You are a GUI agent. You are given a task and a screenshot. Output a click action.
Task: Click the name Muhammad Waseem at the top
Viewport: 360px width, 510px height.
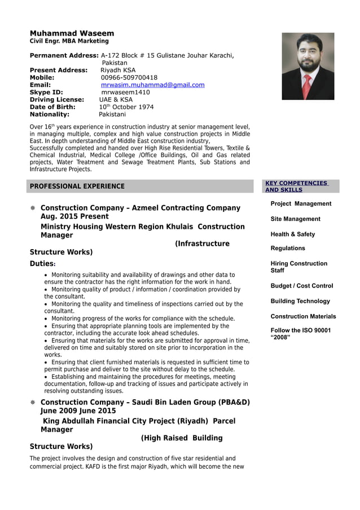[x=72, y=33]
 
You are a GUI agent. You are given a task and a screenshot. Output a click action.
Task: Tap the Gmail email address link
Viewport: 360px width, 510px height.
[x=152, y=85]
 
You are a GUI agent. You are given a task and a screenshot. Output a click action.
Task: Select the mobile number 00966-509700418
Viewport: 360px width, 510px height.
[x=129, y=77]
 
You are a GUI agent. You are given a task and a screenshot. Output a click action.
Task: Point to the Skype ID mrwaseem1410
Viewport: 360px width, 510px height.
[x=125, y=92]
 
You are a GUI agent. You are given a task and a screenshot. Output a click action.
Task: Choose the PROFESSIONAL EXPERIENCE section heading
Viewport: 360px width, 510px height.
[x=77, y=186]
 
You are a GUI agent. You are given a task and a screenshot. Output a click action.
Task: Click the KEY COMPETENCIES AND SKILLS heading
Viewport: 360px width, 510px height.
[x=296, y=186]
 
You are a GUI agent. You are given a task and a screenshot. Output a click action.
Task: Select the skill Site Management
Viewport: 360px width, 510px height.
[x=295, y=219]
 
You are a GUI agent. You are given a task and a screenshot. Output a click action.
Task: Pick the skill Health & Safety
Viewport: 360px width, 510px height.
[x=292, y=234]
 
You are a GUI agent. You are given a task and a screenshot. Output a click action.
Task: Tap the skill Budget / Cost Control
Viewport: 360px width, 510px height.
[x=301, y=286]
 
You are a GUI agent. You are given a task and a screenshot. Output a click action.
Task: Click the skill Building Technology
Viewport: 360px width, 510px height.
[x=300, y=301]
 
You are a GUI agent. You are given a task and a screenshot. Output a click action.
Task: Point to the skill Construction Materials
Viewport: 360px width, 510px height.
[x=303, y=316]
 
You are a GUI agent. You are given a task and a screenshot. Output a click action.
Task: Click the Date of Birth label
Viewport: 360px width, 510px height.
[x=52, y=107]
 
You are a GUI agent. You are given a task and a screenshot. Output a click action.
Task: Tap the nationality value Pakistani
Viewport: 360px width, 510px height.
[x=112, y=114]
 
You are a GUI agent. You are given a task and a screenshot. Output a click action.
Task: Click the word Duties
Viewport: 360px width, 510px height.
[x=42, y=264]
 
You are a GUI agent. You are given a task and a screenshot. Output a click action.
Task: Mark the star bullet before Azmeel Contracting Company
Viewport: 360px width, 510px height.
[x=33, y=208]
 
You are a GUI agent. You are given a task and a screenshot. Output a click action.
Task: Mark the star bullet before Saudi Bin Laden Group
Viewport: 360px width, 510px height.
[x=33, y=403]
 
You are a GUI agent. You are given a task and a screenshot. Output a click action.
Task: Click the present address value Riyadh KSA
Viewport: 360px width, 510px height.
[x=117, y=70]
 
